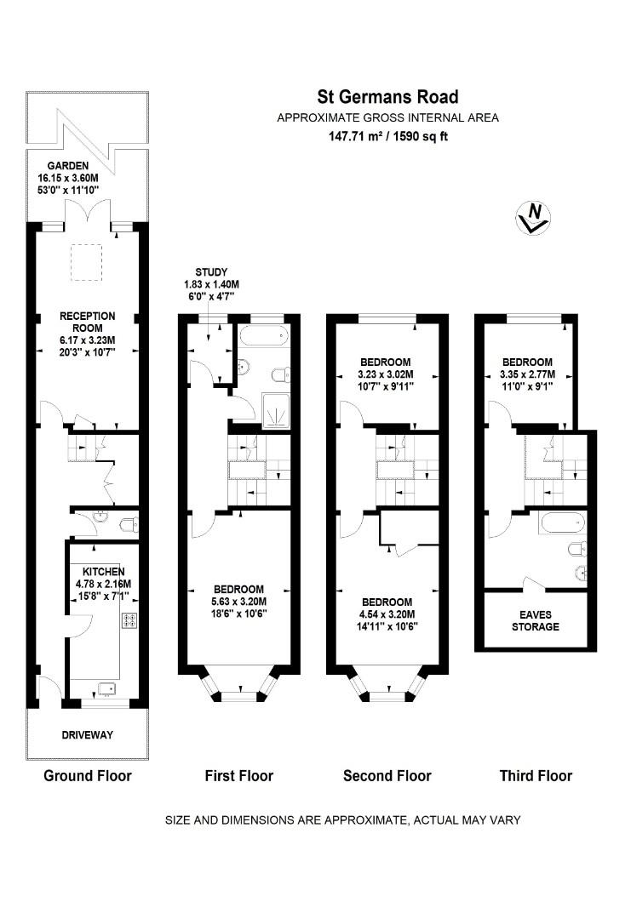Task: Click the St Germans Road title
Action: pyautogui.click(x=387, y=97)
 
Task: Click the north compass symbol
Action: pyautogui.click(x=534, y=218)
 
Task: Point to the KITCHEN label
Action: pyautogui.click(x=104, y=571)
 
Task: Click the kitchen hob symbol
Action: pyautogui.click(x=130, y=620)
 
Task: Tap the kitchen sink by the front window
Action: pyautogui.click(x=106, y=688)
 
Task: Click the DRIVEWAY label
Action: pyautogui.click(x=88, y=734)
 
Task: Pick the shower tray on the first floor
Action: pyautogui.click(x=274, y=411)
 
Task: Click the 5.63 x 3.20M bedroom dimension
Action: pyautogui.click(x=238, y=602)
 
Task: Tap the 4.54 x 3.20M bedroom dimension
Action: pyautogui.click(x=385, y=614)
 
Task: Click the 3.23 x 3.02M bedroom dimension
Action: pyautogui.click(x=385, y=374)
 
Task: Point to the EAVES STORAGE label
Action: pyautogui.click(x=536, y=620)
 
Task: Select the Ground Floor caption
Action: pyautogui.click(x=88, y=775)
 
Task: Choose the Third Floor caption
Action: pyautogui.click(x=536, y=775)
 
